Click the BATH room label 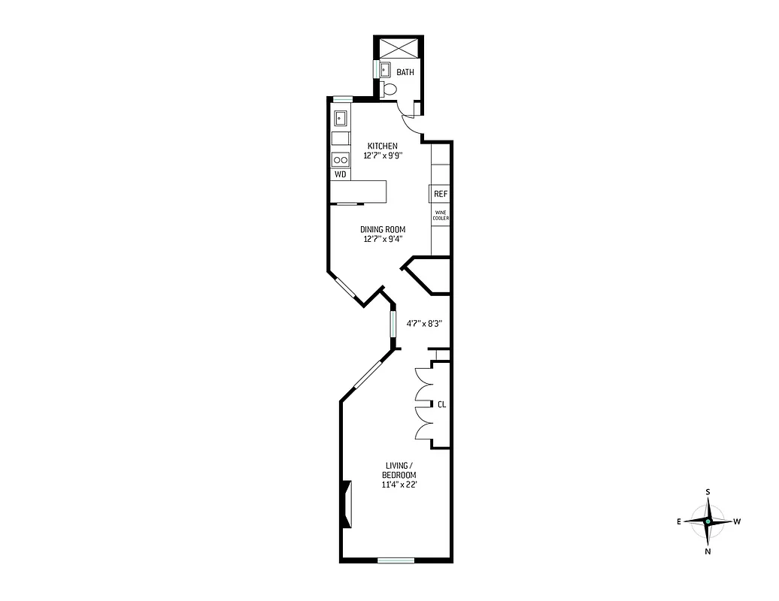[x=405, y=73]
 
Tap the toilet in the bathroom [x=389, y=90]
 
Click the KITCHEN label [x=382, y=146]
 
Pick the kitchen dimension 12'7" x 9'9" [x=382, y=156]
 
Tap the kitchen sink [x=341, y=118]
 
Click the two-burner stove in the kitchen [x=341, y=159]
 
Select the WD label [x=341, y=174]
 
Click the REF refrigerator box [x=441, y=194]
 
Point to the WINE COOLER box [x=441, y=215]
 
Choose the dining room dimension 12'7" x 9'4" [x=382, y=240]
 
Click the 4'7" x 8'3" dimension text [x=423, y=325]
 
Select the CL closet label [x=441, y=404]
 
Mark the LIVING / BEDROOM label [x=399, y=471]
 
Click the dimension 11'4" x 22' [x=399, y=485]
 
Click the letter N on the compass [x=708, y=551]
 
